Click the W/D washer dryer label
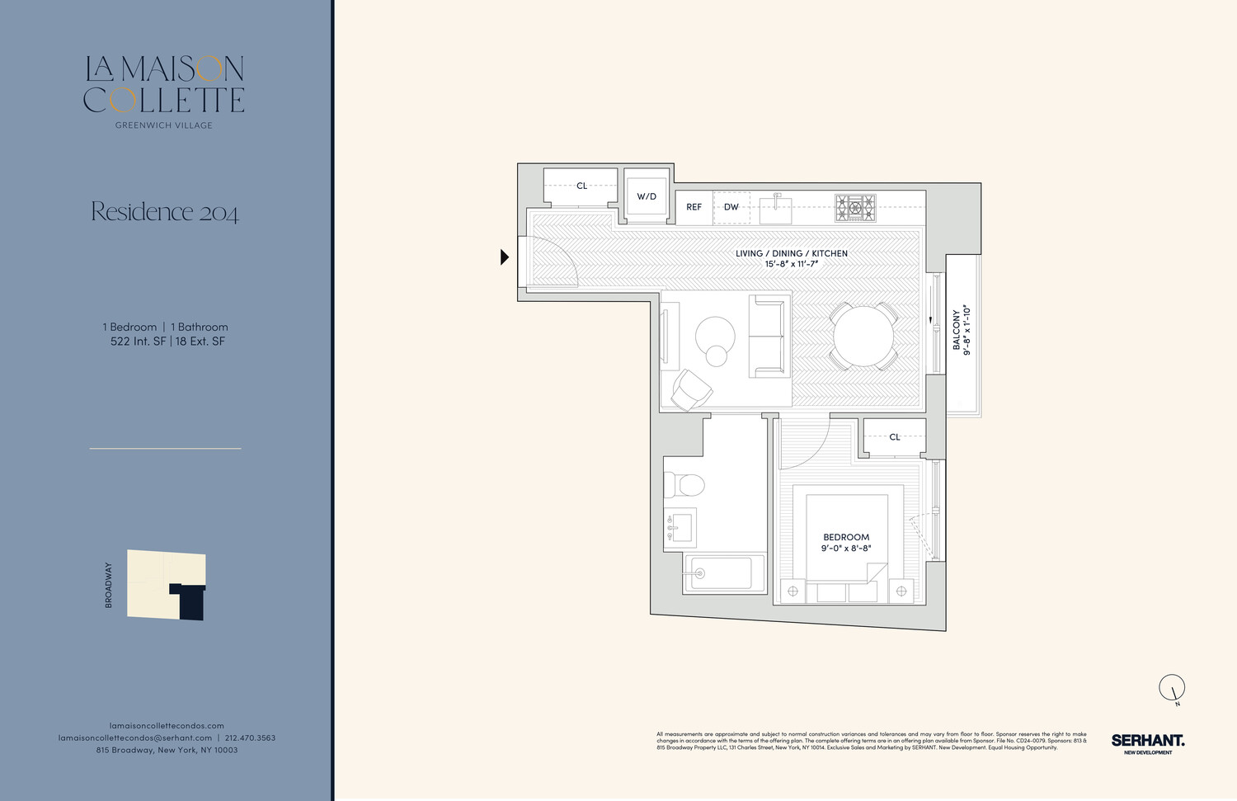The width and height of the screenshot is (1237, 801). [647, 196]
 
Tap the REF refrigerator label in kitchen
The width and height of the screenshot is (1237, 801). [694, 207]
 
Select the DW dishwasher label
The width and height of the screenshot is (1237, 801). [731, 207]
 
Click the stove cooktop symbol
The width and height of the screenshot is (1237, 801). [855, 208]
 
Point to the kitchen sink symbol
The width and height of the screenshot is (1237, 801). [775, 208]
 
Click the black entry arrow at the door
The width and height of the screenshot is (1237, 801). [505, 257]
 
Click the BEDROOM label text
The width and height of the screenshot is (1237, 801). [846, 537]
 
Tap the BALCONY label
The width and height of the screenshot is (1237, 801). [957, 330]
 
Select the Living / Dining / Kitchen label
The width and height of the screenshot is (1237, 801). [792, 253]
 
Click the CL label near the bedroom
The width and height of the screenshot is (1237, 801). [895, 437]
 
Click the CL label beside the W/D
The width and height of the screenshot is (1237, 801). [581, 186]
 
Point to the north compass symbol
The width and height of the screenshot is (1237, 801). [1172, 687]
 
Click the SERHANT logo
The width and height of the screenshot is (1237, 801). [1147, 741]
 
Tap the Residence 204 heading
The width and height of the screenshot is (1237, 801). [165, 212]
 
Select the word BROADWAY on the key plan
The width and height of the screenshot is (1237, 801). [108, 585]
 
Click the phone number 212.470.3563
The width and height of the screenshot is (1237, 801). [250, 737]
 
